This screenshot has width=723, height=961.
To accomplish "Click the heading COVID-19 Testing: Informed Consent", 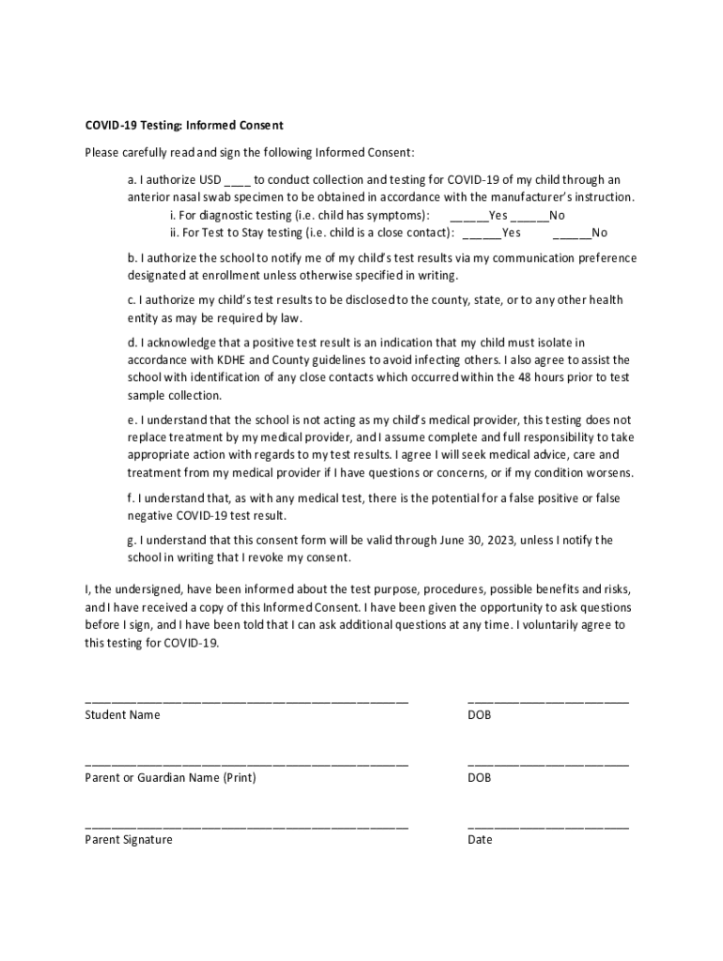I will pyautogui.click(x=184, y=125).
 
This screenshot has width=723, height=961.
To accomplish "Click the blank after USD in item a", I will pyautogui.click(x=238, y=181).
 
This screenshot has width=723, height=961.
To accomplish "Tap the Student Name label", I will pyautogui.click(x=122, y=715).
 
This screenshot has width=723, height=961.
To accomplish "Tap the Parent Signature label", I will pyautogui.click(x=129, y=840).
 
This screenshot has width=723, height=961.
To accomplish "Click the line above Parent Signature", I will pyautogui.click(x=246, y=827).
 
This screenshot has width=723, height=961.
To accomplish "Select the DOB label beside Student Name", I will pyautogui.click(x=479, y=715).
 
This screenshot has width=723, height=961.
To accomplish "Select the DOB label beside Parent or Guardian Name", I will pyautogui.click(x=479, y=778).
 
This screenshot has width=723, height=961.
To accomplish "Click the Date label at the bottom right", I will pyautogui.click(x=479, y=840).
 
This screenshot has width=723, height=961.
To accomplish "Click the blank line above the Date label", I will pyautogui.click(x=547, y=827).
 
